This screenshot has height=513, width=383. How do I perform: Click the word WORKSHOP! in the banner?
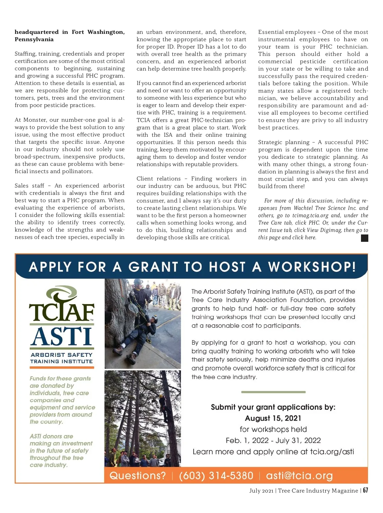312,267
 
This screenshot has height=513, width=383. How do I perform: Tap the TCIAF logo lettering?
62,311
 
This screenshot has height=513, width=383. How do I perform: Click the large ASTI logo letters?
62,337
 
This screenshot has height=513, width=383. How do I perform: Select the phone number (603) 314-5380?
216,476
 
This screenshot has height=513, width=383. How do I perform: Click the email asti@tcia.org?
299,476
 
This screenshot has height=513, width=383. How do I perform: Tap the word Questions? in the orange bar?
138,476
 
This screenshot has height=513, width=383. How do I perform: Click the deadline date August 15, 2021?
273,418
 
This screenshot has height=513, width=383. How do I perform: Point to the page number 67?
365,490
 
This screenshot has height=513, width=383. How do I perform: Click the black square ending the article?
364,238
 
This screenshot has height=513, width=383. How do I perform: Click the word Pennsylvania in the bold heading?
34,39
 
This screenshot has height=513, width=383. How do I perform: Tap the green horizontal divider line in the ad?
273,392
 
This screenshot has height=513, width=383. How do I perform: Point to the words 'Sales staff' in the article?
29,186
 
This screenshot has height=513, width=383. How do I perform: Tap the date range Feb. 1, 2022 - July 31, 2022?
273,440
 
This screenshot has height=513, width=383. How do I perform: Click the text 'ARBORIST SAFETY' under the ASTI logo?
62,355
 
